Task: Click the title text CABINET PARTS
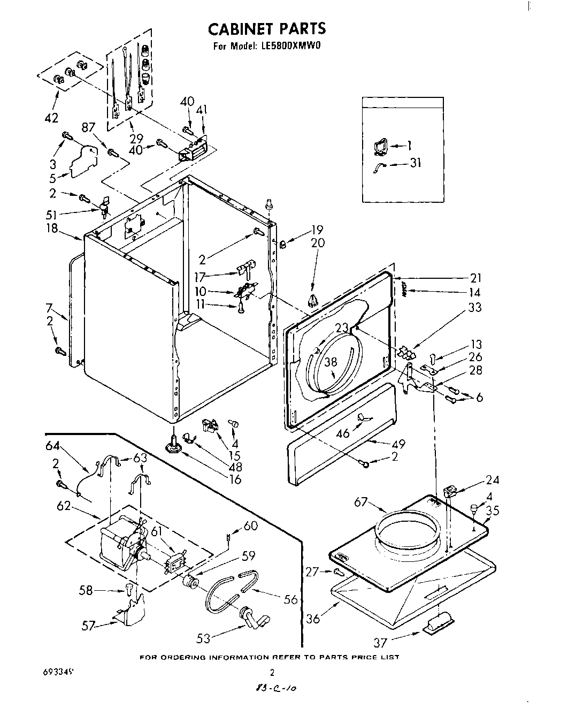(x=266, y=28)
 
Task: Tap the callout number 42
(x=51, y=118)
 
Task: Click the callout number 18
(x=52, y=229)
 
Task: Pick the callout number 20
(x=317, y=242)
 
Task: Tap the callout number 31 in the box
(x=415, y=163)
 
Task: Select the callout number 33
(x=474, y=307)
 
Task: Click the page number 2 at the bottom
(x=272, y=673)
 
